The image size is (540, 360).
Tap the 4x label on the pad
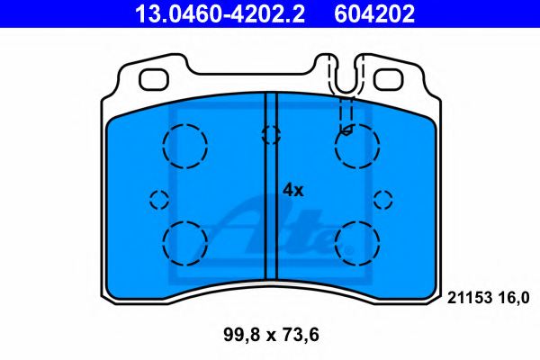point(294,190)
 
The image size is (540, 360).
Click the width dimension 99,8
point(238,337)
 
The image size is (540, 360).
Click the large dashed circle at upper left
point(185,143)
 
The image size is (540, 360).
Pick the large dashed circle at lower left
point(185,241)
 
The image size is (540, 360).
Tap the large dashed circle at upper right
point(356,143)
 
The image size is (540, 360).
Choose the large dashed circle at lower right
point(356,241)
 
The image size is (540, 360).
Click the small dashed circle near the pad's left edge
point(159,199)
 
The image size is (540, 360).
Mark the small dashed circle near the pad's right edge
point(384,199)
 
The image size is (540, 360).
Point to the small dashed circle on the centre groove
point(270,135)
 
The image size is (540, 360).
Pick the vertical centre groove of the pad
point(271,207)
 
